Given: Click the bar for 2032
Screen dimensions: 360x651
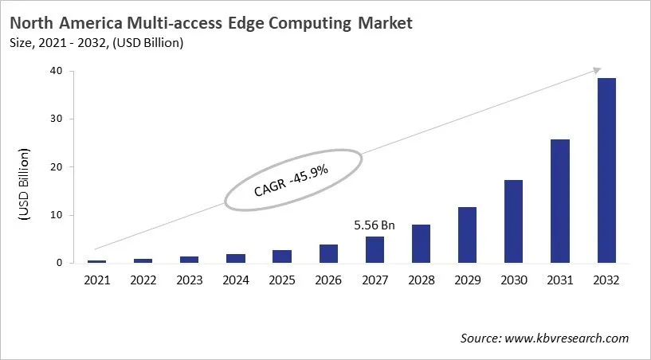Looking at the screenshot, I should click(x=606, y=170).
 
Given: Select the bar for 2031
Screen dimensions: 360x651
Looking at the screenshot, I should click(x=560, y=201).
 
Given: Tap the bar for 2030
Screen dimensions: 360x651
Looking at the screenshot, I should click(x=514, y=221).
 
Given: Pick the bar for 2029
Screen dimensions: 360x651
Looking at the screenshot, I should click(x=467, y=235).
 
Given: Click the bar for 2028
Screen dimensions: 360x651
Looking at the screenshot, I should click(x=421, y=244).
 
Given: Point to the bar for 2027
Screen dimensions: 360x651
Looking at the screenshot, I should click(x=375, y=249).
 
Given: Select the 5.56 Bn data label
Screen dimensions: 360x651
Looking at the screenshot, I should click(x=375, y=226).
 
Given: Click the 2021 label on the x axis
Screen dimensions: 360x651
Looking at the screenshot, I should click(x=96, y=280).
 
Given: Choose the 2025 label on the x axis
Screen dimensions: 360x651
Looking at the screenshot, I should click(x=282, y=280).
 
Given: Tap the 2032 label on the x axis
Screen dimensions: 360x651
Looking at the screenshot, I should click(x=606, y=280).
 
